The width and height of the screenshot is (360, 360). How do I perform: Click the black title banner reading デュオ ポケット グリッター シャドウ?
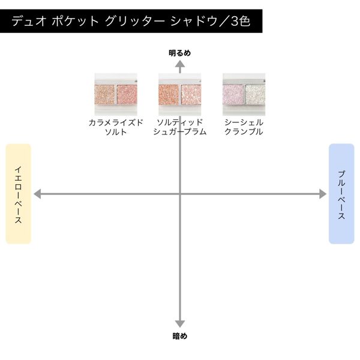131,21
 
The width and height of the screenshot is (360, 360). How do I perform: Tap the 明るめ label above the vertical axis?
180,53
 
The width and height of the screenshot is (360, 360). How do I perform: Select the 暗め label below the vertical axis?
180,336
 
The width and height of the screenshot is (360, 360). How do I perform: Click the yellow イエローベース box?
19,194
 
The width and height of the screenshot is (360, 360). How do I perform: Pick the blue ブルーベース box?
341,194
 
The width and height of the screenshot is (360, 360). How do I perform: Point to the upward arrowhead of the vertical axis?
180,64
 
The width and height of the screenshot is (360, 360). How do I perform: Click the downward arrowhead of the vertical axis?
180,324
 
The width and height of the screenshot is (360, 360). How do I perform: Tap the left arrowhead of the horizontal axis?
37,194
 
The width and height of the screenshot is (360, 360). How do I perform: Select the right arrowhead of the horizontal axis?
323,194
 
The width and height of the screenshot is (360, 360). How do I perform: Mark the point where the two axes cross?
180,194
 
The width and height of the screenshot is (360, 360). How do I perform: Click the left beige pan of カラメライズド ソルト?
104,95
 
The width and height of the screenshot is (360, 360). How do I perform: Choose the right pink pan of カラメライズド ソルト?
127,95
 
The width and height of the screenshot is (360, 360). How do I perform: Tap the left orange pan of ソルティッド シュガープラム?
169,95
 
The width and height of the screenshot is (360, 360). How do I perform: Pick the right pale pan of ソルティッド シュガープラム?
191,95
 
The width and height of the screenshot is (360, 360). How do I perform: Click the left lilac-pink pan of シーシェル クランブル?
233,95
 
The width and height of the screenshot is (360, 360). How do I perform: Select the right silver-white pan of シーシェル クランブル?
256,95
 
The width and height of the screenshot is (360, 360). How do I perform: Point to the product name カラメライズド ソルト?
116,127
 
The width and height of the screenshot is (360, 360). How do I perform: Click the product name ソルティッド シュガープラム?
180,127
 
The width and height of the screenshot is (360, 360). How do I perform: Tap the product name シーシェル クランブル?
244,127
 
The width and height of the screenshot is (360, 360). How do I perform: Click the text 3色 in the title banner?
241,22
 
